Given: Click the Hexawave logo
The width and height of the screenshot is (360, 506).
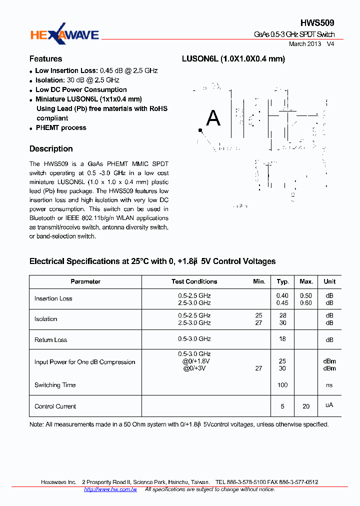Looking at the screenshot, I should tap(64, 34).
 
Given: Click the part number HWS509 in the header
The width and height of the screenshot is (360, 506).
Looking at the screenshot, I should tap(317, 23).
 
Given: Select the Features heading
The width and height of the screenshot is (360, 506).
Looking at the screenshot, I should tap(45, 58).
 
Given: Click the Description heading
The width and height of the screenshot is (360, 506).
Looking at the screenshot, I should tap(51, 149).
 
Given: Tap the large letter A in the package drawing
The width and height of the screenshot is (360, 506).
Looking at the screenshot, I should tap(213, 118).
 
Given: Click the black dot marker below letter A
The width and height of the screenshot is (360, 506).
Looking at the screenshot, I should tap(200, 131).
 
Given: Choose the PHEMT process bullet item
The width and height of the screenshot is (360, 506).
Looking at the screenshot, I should tap(61, 128).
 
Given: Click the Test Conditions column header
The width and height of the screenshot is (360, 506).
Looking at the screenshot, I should tap(194, 282).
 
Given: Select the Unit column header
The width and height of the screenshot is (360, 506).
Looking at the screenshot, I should tap(329, 282).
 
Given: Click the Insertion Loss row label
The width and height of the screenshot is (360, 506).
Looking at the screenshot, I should tap(53, 299).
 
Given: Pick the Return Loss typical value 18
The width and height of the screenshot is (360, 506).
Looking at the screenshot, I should tap(282, 339).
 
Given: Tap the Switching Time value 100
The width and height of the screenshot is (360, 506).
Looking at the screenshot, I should tap(282, 385).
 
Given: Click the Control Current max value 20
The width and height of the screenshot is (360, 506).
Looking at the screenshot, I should tap(306, 406).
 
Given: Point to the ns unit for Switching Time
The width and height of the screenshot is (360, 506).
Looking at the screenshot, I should tap(329, 385).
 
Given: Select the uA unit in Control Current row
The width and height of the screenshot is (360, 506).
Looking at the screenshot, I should tap(329, 405).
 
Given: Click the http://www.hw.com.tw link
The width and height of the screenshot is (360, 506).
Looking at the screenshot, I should tap(110, 489).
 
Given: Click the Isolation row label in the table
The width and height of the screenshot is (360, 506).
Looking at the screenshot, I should tap(45, 319).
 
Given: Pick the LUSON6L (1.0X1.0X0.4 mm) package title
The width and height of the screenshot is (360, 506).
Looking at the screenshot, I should tap(233, 59).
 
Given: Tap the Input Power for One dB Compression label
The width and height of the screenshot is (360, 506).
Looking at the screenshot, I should tap(84, 362).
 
